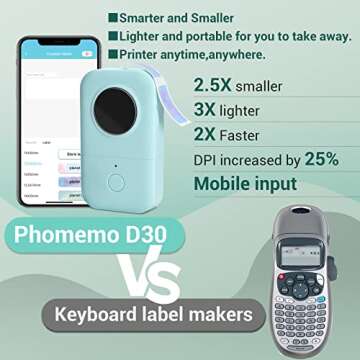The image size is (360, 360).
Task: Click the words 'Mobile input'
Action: [244, 184]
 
